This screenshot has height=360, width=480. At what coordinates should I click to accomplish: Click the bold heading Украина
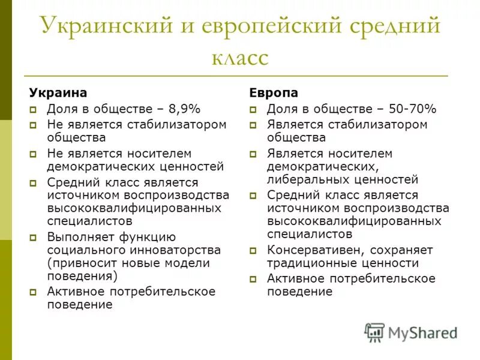pos(58,92)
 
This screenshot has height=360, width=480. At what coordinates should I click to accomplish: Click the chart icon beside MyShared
pos(374,332)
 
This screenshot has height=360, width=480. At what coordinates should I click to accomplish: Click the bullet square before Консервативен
pos(253,250)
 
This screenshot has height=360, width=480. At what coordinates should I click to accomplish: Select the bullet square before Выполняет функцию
pos(34,237)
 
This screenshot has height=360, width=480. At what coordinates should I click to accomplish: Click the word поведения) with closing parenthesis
pos(83,276)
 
